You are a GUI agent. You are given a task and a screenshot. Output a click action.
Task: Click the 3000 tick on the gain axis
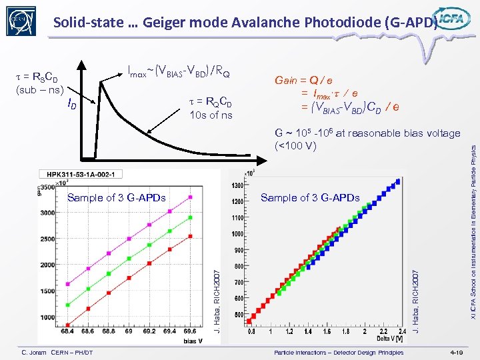(x=47, y=213)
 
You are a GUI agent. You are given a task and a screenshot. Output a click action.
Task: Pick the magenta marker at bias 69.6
(x=191, y=197)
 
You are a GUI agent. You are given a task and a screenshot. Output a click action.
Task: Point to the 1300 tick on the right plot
(x=237, y=185)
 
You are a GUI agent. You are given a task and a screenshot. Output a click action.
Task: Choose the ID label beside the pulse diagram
(x=71, y=103)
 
